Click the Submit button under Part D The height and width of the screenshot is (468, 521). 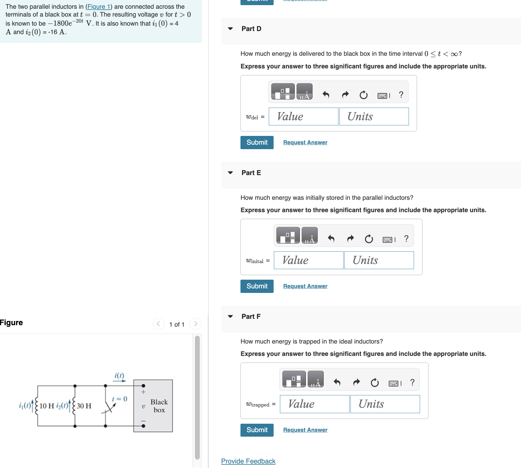[257, 143]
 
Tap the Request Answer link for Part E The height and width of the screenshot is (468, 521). [305, 286]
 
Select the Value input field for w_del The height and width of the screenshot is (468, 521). [303, 117]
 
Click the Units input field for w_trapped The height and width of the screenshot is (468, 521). [385, 404]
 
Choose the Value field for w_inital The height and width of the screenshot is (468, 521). [308, 260]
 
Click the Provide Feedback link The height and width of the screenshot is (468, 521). [248, 461]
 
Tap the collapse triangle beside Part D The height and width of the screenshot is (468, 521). [231, 29]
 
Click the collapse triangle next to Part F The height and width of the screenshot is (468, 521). [231, 316]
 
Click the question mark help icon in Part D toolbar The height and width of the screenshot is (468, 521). [401, 95]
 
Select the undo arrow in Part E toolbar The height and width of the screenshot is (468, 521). [331, 239]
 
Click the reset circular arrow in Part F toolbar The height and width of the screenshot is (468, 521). [375, 383]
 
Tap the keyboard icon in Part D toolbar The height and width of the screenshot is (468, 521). [382, 96]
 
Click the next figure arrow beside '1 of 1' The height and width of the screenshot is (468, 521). [196, 324]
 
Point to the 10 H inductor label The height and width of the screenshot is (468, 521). [47, 406]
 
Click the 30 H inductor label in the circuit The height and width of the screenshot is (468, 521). [84, 406]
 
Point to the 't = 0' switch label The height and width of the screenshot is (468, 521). [120, 399]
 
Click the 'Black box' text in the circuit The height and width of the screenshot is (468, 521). [159, 406]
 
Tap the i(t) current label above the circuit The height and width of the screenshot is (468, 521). [119, 375]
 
